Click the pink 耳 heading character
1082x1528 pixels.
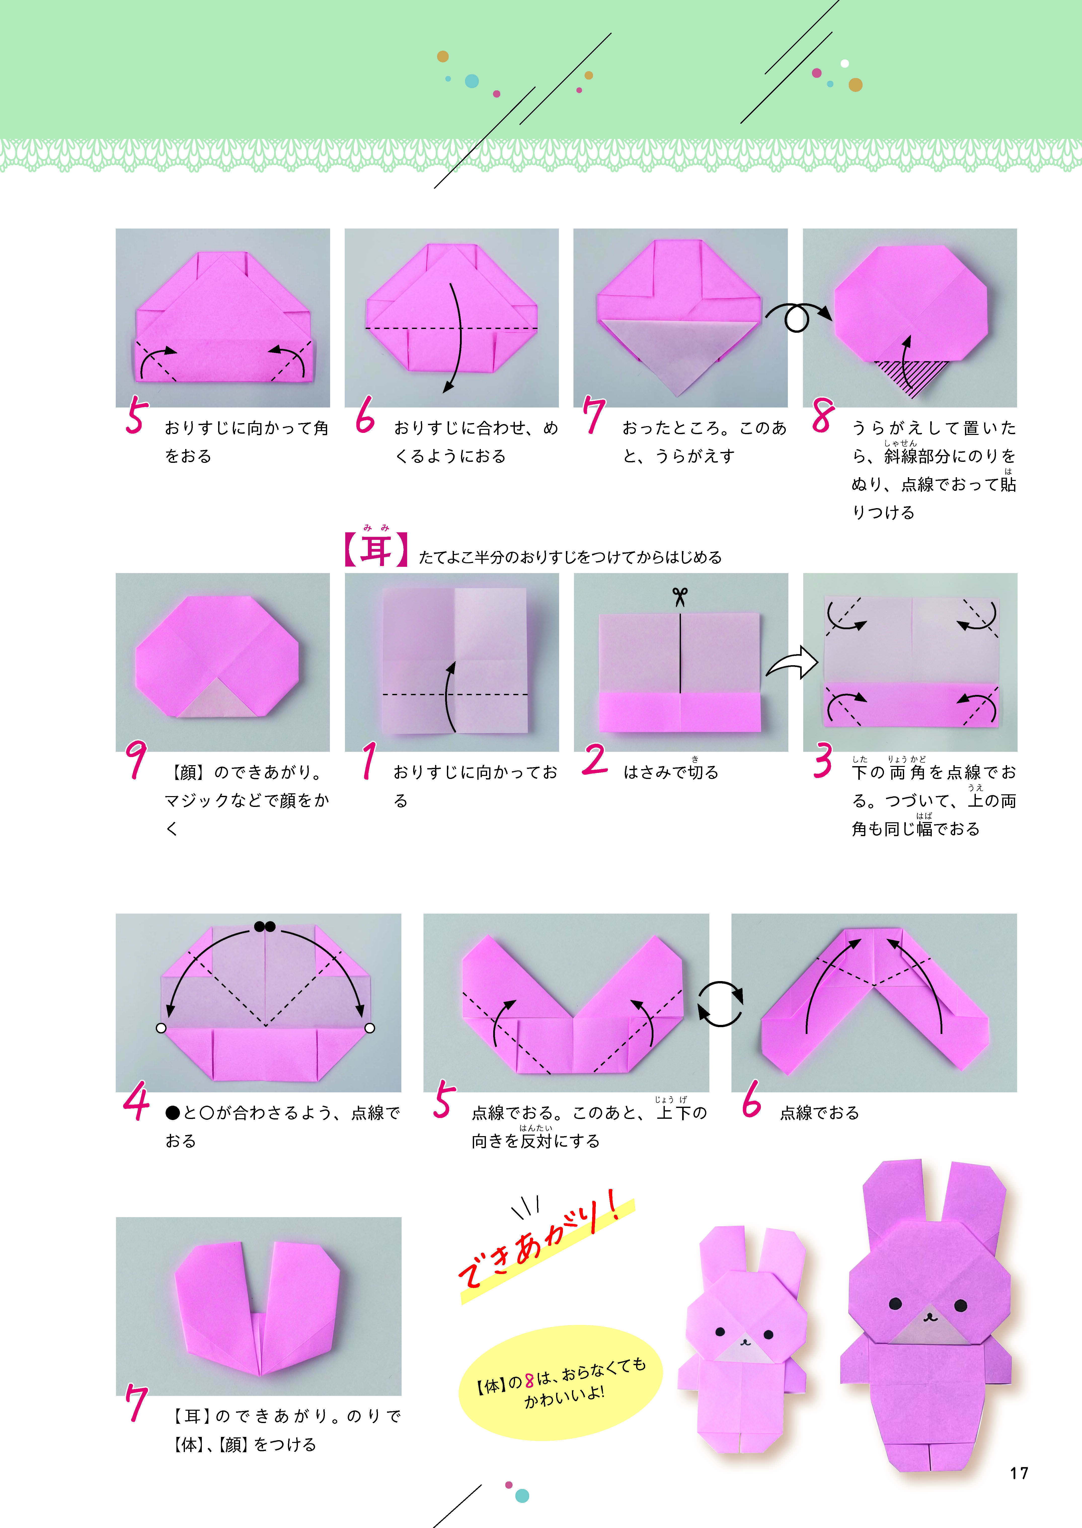pyautogui.click(x=376, y=551)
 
